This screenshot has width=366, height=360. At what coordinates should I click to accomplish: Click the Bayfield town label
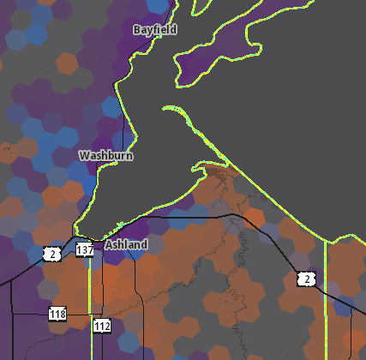[155, 30]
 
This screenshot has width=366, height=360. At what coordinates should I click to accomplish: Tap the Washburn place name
[105, 156]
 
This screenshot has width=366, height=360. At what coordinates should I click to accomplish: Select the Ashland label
[126, 244]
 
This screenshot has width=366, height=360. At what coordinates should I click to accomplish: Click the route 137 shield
[84, 250]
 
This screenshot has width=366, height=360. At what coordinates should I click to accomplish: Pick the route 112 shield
[102, 326]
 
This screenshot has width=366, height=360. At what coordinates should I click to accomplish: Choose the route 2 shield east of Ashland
[306, 279]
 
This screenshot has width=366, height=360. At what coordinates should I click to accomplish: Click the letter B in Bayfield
[137, 30]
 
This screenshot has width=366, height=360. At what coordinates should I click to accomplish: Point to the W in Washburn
[84, 156]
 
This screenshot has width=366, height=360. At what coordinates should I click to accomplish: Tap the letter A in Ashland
[109, 244]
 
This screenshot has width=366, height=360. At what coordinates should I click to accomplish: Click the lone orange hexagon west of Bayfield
[68, 63]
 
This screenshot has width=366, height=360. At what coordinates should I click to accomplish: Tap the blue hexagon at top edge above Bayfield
[158, 5]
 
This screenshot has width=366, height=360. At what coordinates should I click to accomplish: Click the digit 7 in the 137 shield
[89, 250]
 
